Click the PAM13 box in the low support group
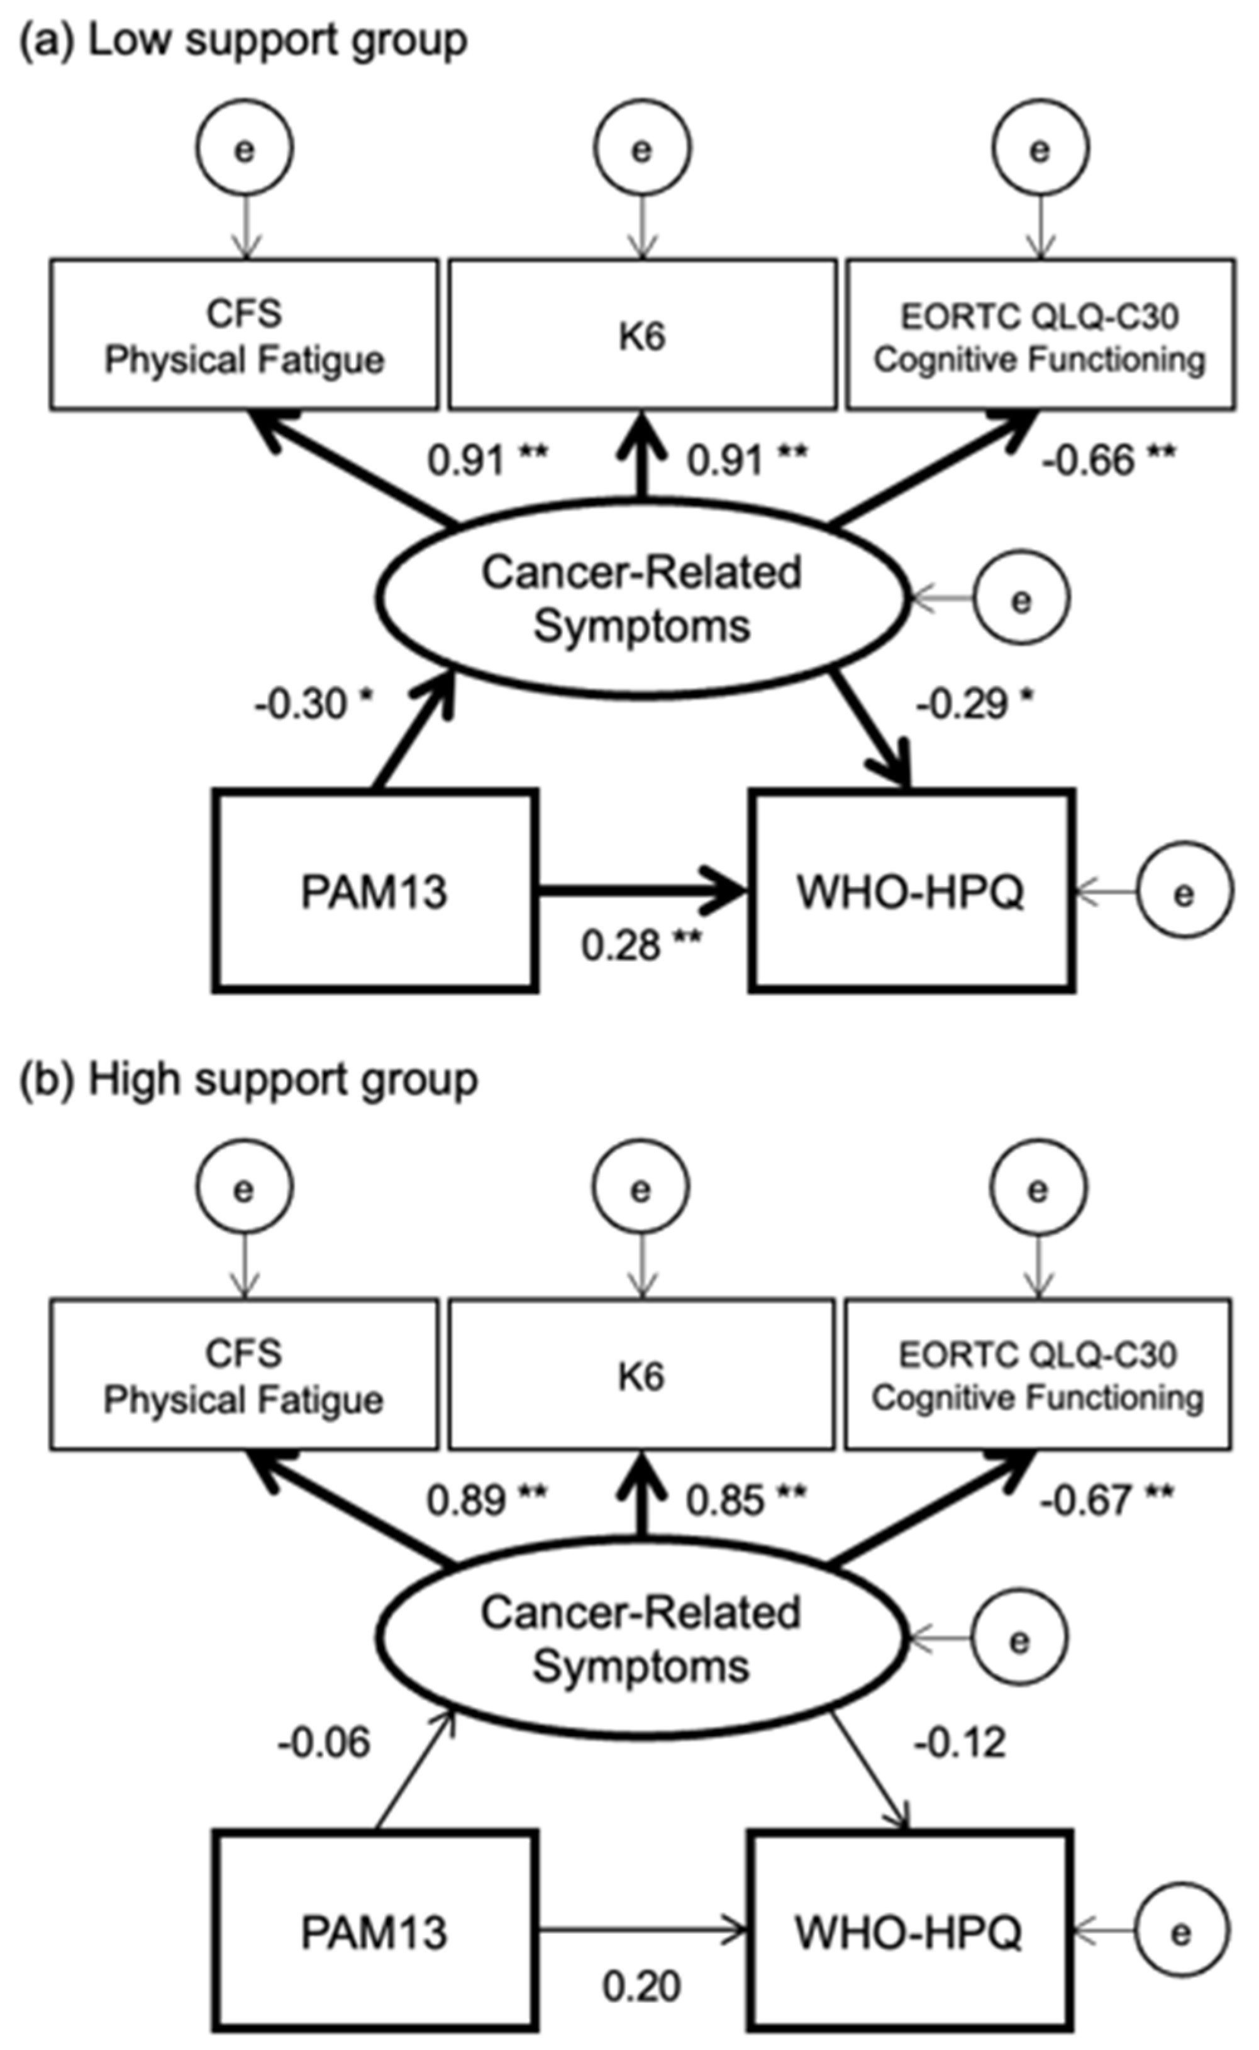coord(374,891)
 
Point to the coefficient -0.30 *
coord(313,705)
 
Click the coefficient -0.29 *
coord(975,705)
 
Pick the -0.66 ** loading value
coord(1108,460)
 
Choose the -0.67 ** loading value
coord(1107,1500)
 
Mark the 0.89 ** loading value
coord(487,1500)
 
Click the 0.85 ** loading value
coord(746,1500)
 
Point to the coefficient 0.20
coord(642,1986)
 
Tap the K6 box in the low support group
coord(642,335)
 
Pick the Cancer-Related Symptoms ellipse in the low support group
coord(642,599)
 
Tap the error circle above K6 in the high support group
coord(640,1188)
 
